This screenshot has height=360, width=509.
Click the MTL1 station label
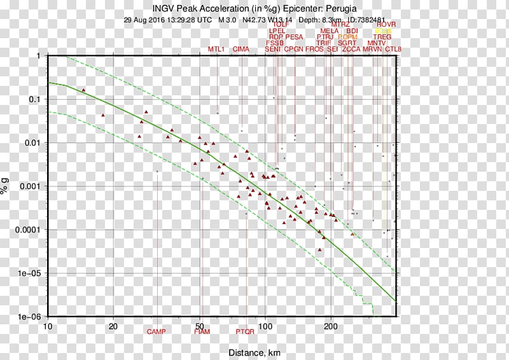coord(217,49)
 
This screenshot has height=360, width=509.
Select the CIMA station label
coord(241,49)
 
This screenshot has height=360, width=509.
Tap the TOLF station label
coord(281,25)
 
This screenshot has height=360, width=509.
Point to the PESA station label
coord(294,37)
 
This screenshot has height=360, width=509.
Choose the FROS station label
coord(314,49)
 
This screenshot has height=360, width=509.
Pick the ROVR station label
coord(386,25)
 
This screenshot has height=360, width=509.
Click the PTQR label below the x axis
coord(245,331)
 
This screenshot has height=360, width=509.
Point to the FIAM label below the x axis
coord(201,331)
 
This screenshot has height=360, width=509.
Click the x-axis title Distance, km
coord(254,353)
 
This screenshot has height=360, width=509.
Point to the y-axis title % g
coord(6,186)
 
